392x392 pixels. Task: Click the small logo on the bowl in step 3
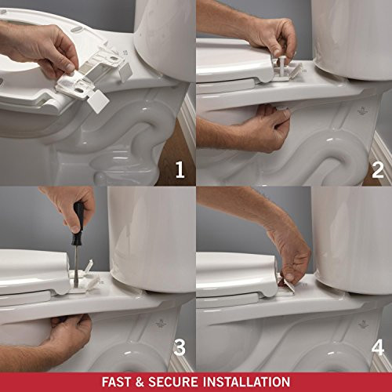161,321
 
